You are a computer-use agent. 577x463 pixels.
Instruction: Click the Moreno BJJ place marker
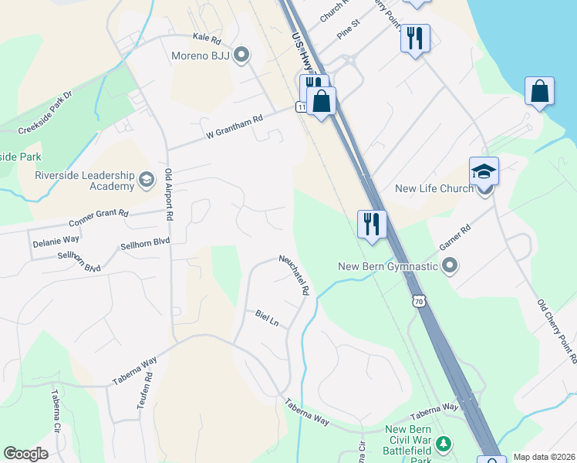click(x=241, y=54)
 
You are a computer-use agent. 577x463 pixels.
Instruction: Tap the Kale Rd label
click(x=207, y=37)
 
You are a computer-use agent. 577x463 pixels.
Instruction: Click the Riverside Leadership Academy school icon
click(x=146, y=181)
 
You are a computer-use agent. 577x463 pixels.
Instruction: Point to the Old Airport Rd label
click(x=168, y=196)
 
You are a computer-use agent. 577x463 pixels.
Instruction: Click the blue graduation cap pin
click(x=484, y=171)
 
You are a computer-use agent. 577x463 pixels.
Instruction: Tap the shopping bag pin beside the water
click(x=539, y=91)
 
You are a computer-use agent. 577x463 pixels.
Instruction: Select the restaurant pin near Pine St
click(x=415, y=38)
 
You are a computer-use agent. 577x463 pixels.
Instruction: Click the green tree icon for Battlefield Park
click(x=443, y=444)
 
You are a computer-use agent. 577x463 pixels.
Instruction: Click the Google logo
click(x=25, y=454)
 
